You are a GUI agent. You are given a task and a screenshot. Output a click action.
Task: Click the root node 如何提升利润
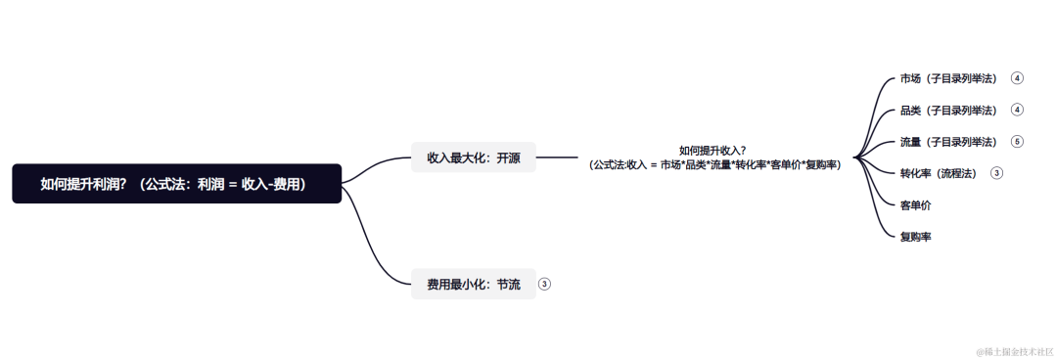coord(176,183)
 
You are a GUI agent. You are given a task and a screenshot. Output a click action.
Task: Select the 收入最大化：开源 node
coord(474,157)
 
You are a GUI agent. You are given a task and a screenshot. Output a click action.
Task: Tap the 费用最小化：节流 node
coord(474,284)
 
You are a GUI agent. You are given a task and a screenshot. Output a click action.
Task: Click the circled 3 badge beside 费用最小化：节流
coord(545,284)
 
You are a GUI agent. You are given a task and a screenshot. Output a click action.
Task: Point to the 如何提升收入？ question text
coord(712,150)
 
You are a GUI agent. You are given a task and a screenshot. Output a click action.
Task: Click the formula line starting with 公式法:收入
coord(714,164)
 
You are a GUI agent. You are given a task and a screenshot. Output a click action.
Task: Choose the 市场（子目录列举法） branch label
coord(948,78)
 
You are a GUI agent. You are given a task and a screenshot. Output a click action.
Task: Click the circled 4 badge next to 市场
coord(1017,78)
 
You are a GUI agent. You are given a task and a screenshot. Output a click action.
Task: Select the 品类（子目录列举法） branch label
coord(948,110)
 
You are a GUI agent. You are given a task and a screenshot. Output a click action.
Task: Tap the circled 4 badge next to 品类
coord(1017,110)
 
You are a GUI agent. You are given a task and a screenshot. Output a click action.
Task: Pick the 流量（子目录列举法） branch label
coord(948,142)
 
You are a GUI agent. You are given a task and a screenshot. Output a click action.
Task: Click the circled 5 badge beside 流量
coord(1017,142)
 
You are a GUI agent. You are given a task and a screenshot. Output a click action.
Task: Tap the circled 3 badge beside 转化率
coord(996,173)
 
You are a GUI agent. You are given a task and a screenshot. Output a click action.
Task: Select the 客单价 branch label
coord(915,205)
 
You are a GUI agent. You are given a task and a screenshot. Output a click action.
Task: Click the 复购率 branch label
coord(915,237)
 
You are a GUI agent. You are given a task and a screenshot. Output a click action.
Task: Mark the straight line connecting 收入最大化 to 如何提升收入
coord(557,157)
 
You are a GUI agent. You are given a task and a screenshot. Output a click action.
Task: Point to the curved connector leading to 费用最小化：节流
coord(377,245)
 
